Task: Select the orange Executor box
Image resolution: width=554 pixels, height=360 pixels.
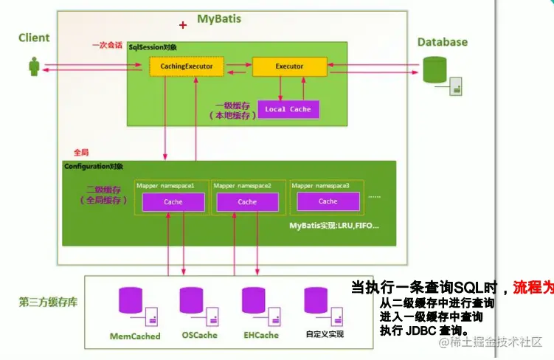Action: pos(289,66)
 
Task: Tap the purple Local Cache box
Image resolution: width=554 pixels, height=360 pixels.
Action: pos(288,109)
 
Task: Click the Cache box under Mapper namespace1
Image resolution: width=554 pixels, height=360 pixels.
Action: pos(173,201)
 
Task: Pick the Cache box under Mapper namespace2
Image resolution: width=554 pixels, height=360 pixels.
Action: pos(247,201)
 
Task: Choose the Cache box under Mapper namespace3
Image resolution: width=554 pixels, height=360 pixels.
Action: pos(328,201)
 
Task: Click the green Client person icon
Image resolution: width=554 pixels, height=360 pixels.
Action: pos(33,66)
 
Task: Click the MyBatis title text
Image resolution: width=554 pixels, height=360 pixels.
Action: pos(219,18)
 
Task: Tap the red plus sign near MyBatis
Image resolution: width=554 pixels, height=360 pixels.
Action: pos(183,25)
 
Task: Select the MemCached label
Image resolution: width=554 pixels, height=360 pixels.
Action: pos(135,336)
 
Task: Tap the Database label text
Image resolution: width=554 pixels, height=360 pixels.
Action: pos(443,42)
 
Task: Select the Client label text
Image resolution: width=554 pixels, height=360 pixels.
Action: pos(34,38)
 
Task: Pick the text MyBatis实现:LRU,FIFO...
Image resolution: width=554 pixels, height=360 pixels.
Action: pos(334,224)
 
